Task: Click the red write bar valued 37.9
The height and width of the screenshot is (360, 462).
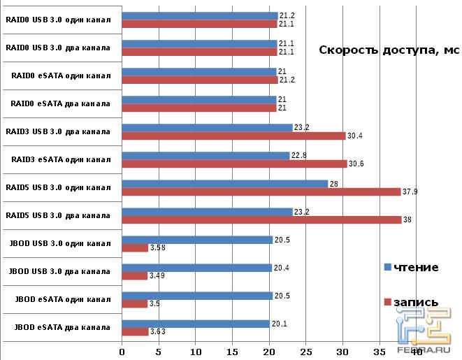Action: point(261,192)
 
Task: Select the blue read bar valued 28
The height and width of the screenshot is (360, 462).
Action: point(224,183)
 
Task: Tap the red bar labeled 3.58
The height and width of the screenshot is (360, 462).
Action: point(135,247)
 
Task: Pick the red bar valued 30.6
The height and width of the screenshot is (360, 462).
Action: point(234,164)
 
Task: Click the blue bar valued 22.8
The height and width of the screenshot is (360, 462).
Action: point(205,155)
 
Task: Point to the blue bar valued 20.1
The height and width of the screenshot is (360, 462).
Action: point(196,323)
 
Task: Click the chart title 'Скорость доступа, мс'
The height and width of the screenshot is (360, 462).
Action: point(389,50)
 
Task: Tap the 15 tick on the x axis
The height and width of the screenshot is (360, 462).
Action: point(233,352)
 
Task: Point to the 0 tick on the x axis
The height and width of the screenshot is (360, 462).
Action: point(122,352)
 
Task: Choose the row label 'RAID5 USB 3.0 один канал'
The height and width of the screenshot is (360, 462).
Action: point(58,187)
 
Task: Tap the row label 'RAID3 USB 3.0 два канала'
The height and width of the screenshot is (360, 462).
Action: point(58,131)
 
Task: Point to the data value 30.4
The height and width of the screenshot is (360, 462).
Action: point(355,136)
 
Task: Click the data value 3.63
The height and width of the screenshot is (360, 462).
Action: point(159,332)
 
